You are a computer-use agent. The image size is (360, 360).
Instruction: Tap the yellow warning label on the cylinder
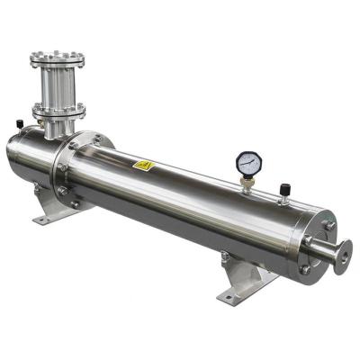pyautogui.click(x=143, y=166)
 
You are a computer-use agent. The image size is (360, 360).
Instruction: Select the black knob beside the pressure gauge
pyautogui.click(x=284, y=189)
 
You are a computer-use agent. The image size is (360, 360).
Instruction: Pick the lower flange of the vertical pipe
pyautogui.click(x=59, y=111)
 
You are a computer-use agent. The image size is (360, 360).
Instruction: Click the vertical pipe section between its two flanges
pyautogui.click(x=58, y=85)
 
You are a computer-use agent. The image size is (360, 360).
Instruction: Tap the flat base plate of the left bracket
pyautogui.click(x=49, y=219)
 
